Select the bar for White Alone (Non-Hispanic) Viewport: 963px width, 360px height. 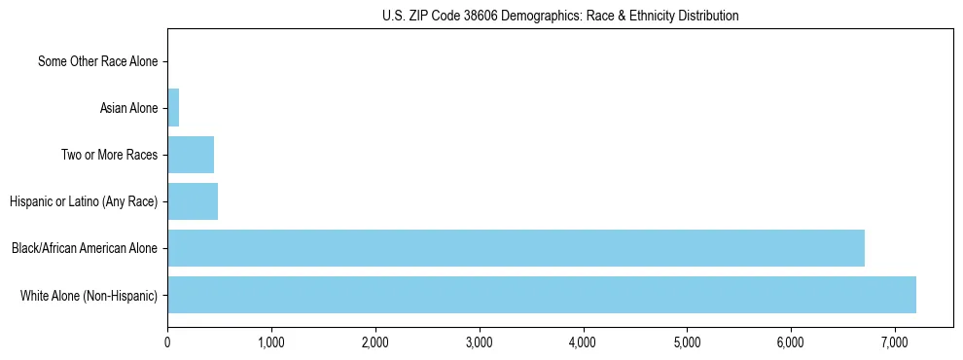click(x=542, y=295)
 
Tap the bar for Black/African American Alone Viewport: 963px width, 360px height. click(x=516, y=248)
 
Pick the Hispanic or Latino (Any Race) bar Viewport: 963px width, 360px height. click(x=193, y=201)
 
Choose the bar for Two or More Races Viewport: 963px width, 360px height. click(x=191, y=155)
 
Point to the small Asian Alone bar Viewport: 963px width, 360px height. click(x=173, y=108)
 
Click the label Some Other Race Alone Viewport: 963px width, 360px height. click(x=97, y=61)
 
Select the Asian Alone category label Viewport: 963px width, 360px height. click(x=128, y=108)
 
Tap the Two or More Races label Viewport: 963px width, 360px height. click(x=109, y=155)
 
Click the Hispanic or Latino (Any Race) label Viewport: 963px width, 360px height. click(x=84, y=201)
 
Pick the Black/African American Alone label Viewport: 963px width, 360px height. click(x=85, y=248)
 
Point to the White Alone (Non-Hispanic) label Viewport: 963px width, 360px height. click(x=89, y=295)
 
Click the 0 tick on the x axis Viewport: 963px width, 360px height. click(x=167, y=342)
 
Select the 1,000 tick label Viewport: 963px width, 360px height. click(x=271, y=342)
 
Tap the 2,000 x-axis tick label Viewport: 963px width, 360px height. click(x=375, y=342)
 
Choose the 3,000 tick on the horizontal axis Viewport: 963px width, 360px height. click(x=480, y=342)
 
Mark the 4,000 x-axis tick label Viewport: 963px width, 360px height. click(x=583, y=342)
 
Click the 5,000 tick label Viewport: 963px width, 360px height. click(x=687, y=342)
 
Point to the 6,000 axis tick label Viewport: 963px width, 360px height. click(x=791, y=342)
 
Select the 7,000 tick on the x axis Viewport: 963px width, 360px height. click(x=895, y=342)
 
